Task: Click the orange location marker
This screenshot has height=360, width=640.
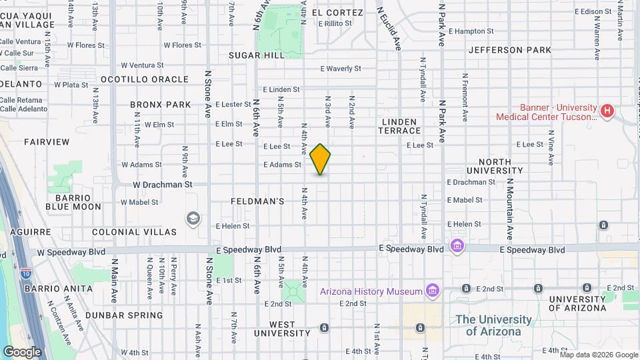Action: [x=320, y=159]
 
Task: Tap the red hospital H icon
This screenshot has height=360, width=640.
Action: [x=607, y=111]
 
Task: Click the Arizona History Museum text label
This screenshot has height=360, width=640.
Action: [x=371, y=291]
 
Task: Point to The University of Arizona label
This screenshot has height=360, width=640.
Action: [x=493, y=325]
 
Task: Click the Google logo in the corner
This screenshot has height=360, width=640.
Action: [x=22, y=352]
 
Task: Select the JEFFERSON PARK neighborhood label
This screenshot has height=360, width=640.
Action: [x=510, y=50]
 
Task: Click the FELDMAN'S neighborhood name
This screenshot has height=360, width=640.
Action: [x=258, y=201]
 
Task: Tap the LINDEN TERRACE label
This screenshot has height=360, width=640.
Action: [x=401, y=126]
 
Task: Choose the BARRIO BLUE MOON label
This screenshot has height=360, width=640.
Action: [x=73, y=202]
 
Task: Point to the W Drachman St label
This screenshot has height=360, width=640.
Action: [x=162, y=184]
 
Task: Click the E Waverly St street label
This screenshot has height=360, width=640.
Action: [x=340, y=68]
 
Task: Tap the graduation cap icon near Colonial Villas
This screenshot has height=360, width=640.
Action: [x=193, y=218]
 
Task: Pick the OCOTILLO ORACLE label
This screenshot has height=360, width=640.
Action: [x=145, y=79]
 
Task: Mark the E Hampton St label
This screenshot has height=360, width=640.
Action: [x=471, y=31]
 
